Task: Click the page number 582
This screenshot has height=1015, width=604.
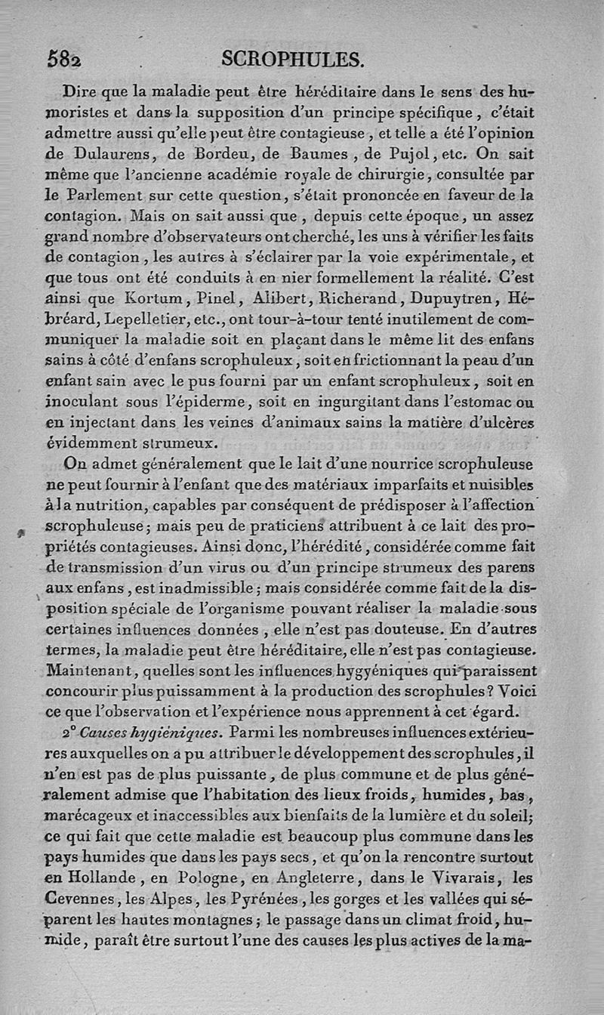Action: tap(64, 60)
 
